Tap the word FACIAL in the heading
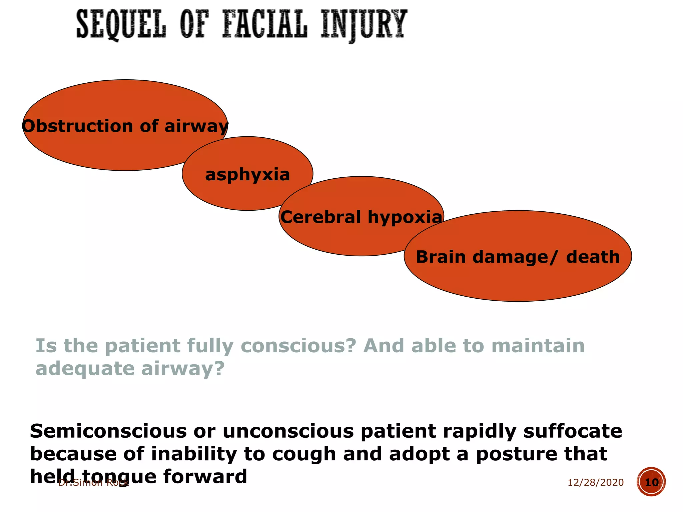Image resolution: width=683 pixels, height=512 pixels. coord(264,24)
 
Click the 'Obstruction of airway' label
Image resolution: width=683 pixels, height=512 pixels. coord(125,126)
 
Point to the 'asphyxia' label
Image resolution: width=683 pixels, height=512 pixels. coord(247,175)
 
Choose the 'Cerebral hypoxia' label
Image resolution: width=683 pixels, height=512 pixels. coord(361,217)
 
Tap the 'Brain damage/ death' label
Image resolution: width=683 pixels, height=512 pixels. coord(518,257)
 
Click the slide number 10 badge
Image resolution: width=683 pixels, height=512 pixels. coord(651,482)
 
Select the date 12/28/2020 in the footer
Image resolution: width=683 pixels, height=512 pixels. coord(595,482)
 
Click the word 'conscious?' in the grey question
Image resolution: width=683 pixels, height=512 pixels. coord(298,346)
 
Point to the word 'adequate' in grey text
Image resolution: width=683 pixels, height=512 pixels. coord(85,369)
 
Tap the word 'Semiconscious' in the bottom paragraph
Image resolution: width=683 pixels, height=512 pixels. coord(108,431)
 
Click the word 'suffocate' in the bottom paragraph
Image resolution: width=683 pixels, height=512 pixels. coord(572,431)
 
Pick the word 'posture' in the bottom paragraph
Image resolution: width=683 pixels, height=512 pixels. coord(517,454)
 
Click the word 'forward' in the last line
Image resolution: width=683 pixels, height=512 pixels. coord(205,476)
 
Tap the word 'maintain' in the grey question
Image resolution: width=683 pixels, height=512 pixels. coord(538,346)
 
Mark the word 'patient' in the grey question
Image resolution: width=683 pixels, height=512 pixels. coord(142,346)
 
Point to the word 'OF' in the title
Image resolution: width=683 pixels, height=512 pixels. coord(194,24)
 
